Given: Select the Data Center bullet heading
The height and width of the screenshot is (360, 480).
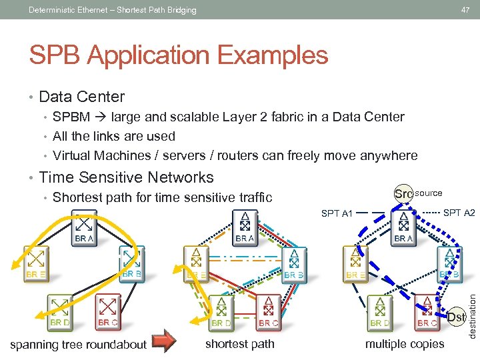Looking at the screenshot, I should (82, 97).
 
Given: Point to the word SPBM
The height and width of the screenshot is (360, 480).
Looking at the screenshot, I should (69, 117).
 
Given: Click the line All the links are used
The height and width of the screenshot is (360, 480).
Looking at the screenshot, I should (114, 136).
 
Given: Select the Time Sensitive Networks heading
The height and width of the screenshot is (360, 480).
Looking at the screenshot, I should (127, 177).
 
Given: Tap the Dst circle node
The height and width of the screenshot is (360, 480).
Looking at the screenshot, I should (456, 317).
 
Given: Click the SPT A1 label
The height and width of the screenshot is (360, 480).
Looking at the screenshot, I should (337, 213).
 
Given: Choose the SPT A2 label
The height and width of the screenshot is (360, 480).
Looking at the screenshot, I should (459, 213).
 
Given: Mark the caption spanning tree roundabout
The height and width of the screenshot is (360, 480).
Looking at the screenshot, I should (78, 344).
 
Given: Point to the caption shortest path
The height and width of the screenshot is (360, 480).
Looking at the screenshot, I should (239, 344).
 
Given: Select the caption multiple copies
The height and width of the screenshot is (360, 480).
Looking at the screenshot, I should (404, 344).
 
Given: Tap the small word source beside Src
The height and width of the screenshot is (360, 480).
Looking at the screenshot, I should (429, 193).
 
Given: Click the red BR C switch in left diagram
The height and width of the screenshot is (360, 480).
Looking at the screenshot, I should (108, 308).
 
